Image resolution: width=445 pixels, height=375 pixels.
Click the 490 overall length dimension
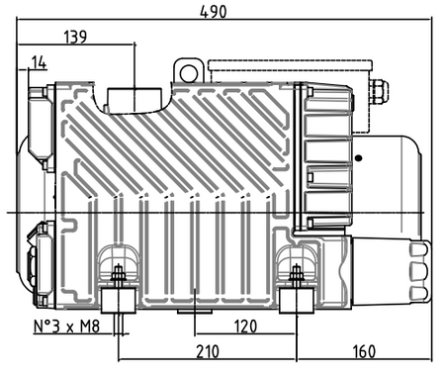214,12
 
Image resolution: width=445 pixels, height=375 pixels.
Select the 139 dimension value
75,37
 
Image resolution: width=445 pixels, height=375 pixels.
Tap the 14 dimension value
40,62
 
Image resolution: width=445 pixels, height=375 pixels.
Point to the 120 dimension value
245,327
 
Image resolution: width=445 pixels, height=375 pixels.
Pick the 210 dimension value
208,351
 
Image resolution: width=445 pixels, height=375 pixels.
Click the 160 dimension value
364,351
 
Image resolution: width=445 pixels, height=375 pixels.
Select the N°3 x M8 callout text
67,327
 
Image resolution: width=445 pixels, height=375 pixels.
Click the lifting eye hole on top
189,73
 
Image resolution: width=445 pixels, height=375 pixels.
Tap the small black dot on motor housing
359,158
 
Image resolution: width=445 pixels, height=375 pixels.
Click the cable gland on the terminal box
379,91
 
